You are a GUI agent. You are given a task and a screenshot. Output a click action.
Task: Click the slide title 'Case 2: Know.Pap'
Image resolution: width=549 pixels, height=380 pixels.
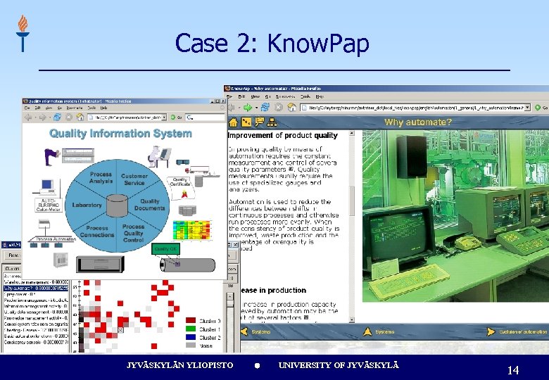(272, 43)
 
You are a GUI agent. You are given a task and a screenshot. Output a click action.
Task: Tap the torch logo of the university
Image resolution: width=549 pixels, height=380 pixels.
(23, 33)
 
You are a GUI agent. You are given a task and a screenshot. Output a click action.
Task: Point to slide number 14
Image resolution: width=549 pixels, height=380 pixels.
(512, 370)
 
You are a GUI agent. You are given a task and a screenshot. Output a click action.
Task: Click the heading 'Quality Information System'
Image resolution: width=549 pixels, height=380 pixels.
(120, 134)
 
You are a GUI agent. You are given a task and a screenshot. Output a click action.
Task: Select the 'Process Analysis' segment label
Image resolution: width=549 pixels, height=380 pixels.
(101, 177)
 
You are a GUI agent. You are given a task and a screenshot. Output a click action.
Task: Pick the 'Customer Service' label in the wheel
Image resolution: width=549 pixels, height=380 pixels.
(134, 179)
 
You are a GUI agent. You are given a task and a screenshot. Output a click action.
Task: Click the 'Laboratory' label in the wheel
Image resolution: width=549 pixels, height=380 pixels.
(87, 205)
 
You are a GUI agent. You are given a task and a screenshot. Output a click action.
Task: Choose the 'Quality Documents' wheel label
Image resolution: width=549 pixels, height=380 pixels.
(149, 205)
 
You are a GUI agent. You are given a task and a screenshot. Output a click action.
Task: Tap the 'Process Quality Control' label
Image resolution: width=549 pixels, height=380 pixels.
(134, 234)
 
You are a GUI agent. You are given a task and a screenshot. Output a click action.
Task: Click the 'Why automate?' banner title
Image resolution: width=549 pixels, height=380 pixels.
(417, 122)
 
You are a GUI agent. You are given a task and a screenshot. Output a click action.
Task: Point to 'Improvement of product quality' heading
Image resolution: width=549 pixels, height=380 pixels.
(283, 135)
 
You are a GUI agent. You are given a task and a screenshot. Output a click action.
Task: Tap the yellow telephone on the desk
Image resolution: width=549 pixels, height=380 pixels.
(465, 243)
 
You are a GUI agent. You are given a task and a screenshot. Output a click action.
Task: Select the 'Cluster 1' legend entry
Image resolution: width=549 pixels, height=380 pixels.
(209, 329)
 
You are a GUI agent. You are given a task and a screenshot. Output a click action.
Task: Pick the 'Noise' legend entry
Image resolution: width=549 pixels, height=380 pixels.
(206, 346)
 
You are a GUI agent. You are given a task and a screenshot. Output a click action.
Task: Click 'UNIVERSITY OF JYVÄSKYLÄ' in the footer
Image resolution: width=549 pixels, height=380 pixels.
(339, 365)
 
